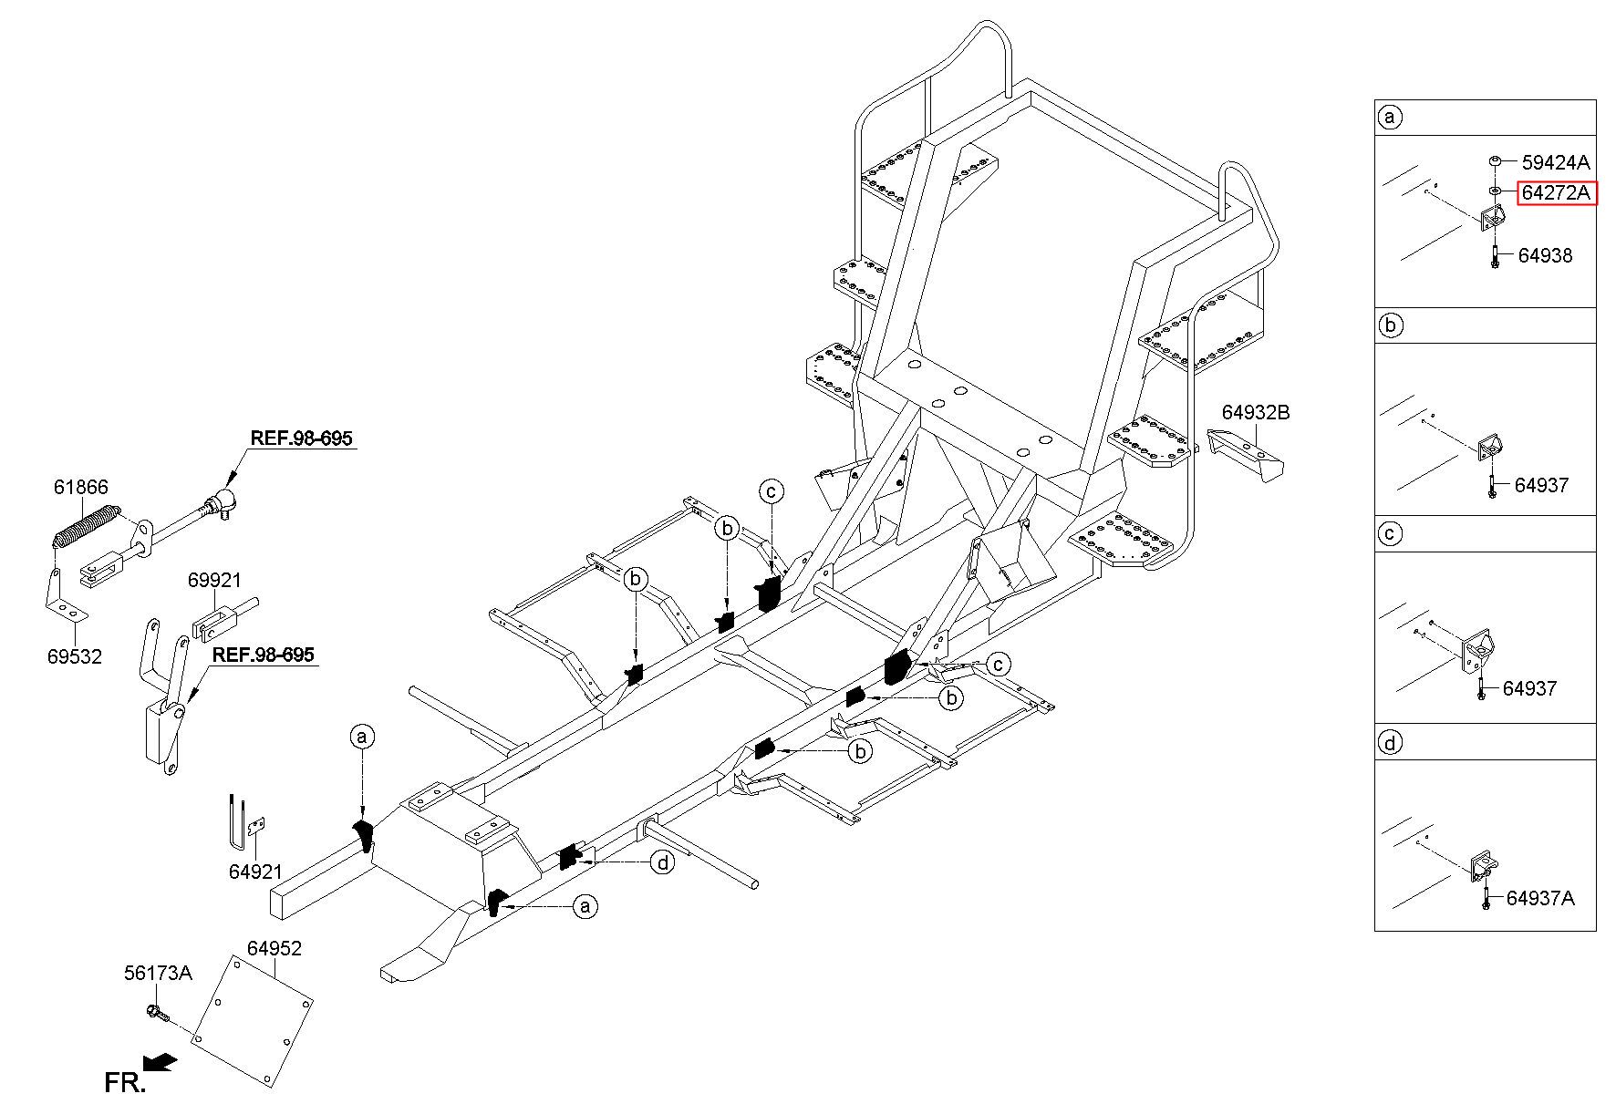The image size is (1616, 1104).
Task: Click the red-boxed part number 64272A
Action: tap(1557, 192)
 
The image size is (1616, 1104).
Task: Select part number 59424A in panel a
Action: tap(1556, 162)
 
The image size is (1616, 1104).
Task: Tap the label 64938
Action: tap(1545, 255)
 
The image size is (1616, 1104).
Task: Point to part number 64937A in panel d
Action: tap(1540, 898)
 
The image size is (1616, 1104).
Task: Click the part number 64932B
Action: tap(1256, 412)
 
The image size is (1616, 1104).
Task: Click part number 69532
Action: tap(75, 656)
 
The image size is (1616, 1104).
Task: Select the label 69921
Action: tap(215, 580)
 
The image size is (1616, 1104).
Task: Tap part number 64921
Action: tap(255, 872)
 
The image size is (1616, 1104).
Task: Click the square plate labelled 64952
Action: tap(253, 1021)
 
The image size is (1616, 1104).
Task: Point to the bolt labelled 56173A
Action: tap(156, 1012)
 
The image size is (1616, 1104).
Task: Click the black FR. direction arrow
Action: tap(161, 1060)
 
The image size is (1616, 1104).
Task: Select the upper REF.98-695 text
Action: tap(301, 439)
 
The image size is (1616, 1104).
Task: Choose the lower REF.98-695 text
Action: tap(264, 655)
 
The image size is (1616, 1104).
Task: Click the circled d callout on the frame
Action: tap(662, 862)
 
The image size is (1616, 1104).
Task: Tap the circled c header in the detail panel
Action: tap(1390, 533)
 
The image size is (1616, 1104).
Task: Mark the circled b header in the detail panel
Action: tap(1390, 325)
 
